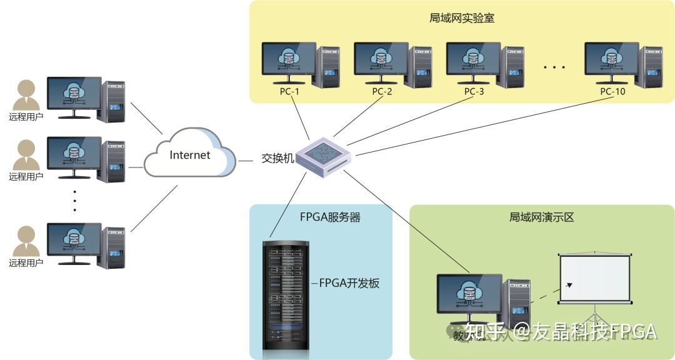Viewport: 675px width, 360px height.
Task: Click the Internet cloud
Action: tap(189, 156)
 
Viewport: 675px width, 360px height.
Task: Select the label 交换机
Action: tap(277, 158)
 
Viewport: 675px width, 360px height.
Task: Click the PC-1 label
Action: tap(289, 92)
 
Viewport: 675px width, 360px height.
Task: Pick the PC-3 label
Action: tap(474, 92)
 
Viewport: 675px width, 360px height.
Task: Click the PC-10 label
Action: tap(612, 92)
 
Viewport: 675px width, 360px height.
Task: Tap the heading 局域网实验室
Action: tap(462, 18)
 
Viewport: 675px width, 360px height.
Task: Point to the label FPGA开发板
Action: tap(349, 283)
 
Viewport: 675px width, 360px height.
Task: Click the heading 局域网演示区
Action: tap(541, 217)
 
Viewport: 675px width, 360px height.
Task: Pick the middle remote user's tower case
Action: tap(114, 159)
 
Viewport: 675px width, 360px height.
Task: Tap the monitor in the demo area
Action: tap(468, 294)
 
